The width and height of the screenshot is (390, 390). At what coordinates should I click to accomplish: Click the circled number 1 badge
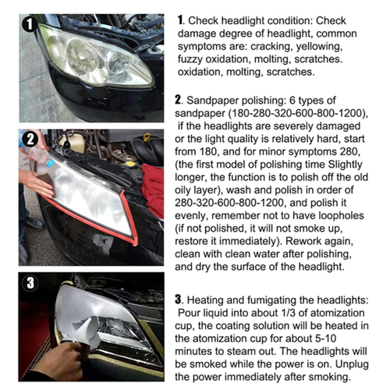pyautogui.click(x=30, y=24)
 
